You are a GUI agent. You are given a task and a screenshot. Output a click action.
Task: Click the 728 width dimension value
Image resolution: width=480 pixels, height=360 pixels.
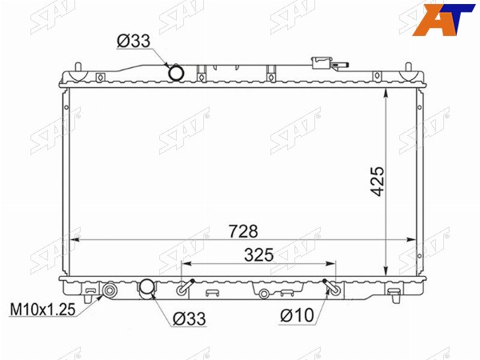(x=244, y=231)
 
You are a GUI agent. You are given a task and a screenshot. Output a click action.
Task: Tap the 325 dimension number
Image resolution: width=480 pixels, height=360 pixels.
(x=258, y=255)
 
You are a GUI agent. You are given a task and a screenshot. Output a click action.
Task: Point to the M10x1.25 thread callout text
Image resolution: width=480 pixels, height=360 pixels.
(x=43, y=310)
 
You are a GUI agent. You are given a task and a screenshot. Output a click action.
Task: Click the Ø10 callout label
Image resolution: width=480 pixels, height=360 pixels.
(x=297, y=315)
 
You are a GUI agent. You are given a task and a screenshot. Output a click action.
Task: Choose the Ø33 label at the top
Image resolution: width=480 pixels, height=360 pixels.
(x=134, y=41)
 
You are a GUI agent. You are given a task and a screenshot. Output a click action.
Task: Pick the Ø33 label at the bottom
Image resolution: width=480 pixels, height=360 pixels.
(x=189, y=318)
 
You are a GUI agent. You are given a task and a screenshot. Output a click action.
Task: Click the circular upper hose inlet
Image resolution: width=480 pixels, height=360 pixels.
(x=177, y=73)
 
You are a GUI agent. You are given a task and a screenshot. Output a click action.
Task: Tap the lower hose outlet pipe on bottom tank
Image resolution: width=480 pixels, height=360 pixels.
(x=146, y=288)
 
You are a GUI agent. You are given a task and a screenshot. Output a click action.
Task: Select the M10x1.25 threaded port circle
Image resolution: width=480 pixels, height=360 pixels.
(x=110, y=290)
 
